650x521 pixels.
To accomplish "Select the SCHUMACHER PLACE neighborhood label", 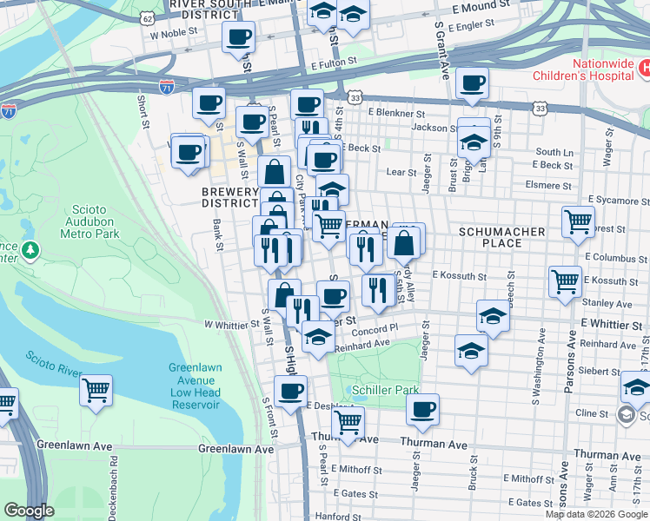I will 501,237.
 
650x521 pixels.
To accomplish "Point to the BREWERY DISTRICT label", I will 230,197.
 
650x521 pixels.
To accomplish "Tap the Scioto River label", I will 53,367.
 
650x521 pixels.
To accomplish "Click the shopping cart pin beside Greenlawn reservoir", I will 96,389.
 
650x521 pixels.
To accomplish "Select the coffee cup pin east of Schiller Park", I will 423,409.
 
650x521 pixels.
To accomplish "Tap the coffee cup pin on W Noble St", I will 239,37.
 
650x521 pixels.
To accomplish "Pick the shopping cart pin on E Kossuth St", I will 565,281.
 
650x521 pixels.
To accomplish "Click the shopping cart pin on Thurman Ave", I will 348,423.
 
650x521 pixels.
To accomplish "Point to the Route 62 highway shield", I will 149,17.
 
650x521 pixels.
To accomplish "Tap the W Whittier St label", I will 232,324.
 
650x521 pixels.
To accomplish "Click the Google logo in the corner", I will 30,511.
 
